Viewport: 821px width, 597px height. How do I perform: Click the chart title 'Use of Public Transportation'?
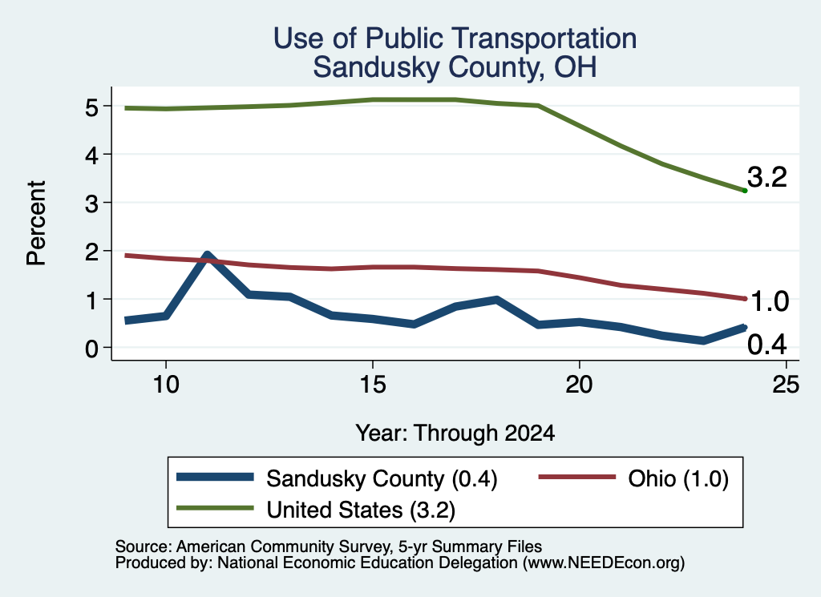coord(455,38)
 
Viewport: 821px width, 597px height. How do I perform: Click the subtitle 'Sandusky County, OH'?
coord(455,67)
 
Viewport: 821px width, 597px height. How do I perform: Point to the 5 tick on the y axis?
coord(91,108)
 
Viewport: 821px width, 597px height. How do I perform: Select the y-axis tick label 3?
coord(91,204)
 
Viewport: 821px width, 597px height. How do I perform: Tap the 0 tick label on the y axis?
coord(91,349)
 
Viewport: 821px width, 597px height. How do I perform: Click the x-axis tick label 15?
coord(372,385)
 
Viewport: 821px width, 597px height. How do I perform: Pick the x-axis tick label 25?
coord(786,385)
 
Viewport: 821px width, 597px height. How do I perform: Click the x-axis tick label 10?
coord(166,385)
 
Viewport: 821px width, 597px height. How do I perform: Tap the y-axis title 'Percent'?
coord(37,223)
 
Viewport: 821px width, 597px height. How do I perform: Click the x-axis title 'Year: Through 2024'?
coord(455,434)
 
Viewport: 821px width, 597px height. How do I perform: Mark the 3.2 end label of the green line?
coord(767,177)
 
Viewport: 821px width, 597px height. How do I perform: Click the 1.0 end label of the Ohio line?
coord(769,301)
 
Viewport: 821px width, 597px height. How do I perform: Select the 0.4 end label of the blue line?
coord(767,345)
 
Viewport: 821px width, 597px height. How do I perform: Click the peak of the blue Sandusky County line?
coord(208,256)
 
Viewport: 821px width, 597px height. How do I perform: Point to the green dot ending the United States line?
coord(745,191)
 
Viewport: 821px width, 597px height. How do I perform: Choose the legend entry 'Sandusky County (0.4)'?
coord(338,478)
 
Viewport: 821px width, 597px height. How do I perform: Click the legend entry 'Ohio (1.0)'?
coord(633,478)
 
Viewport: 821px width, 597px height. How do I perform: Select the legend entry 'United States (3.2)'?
coord(316,510)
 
